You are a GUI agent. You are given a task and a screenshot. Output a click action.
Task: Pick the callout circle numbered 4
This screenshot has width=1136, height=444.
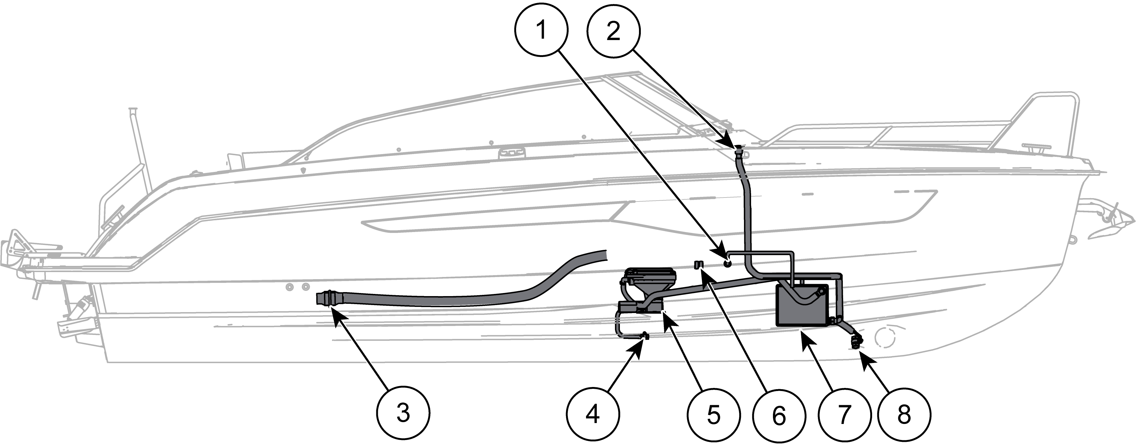(593, 414)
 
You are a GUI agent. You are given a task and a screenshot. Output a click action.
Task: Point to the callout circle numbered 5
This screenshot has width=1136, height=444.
(714, 414)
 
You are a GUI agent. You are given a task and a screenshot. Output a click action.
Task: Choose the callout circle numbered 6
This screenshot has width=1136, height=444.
(779, 414)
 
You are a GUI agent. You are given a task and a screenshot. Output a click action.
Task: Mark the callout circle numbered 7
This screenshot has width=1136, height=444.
(843, 414)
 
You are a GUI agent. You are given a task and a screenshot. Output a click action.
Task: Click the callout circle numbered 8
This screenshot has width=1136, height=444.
(904, 414)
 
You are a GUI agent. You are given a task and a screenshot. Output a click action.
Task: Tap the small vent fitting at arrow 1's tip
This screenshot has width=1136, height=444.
(727, 263)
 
